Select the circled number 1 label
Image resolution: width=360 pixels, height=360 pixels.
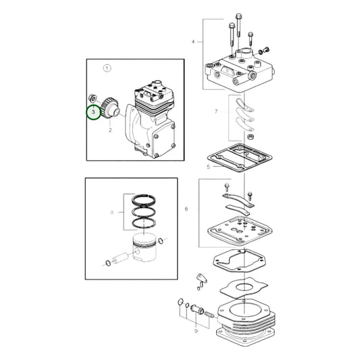[106, 68]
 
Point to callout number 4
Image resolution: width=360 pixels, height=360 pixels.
[192, 42]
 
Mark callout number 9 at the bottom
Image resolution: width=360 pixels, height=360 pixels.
[196, 332]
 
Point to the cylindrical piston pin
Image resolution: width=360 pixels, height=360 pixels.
[121, 257]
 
